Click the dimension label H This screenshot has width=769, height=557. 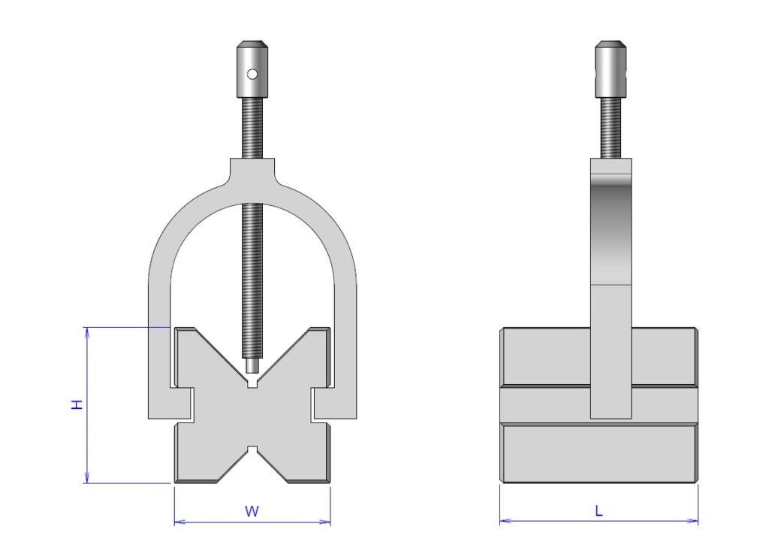76,404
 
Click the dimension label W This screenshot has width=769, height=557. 252,512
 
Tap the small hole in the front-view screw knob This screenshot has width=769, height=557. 253,74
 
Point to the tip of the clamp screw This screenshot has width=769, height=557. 252,367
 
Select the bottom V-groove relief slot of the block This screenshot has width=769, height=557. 252,451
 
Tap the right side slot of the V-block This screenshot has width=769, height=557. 318,404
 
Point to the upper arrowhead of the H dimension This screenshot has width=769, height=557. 87,331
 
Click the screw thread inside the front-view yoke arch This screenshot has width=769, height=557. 252,286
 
